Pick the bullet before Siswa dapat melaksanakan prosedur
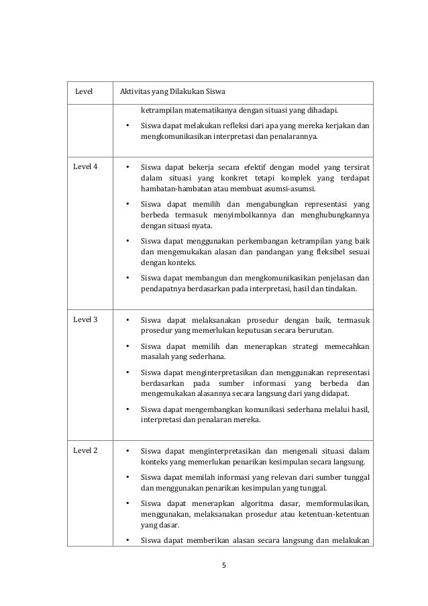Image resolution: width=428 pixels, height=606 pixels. tap(127, 320)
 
